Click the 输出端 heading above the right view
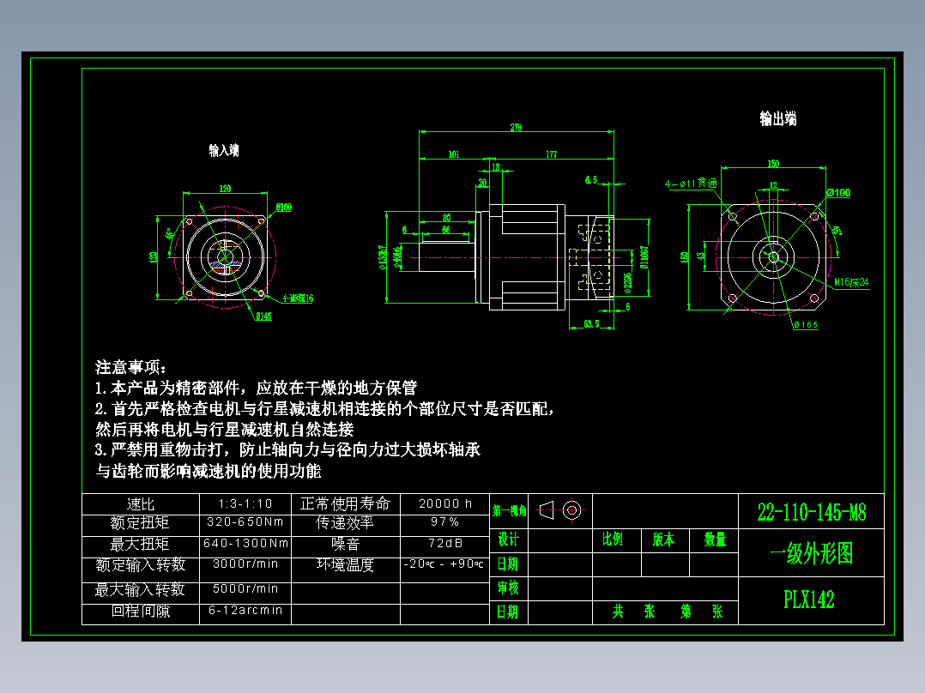point(777,118)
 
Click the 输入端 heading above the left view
point(223,150)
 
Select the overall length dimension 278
point(516,128)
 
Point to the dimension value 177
point(551,154)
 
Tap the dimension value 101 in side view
point(454,154)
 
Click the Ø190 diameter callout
point(838,193)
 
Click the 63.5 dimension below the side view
point(590,324)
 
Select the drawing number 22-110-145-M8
point(811,513)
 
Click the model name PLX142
point(808,599)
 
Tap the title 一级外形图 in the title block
point(811,554)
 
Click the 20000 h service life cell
point(444,503)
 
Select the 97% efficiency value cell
point(444,522)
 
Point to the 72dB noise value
point(444,544)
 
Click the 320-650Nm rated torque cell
point(245,522)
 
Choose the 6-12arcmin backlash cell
point(245,611)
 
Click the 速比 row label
point(140,503)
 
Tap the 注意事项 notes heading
point(132,367)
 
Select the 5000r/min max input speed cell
point(245,589)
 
